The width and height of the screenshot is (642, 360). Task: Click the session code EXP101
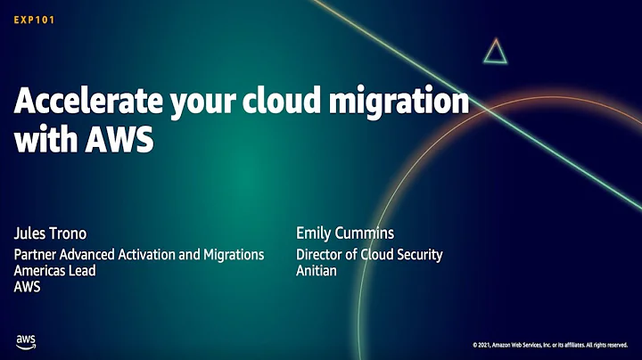coord(35,19)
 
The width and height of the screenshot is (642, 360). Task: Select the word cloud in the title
coord(292,102)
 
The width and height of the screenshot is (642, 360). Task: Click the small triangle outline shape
coord(496,52)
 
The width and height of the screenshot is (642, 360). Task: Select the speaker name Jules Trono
coord(49,234)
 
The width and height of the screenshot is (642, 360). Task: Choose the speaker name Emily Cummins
coord(345,234)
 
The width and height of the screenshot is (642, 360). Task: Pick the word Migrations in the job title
coord(230,255)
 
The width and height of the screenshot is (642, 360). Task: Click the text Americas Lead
coord(55,271)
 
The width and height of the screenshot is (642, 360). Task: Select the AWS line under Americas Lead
coord(28,287)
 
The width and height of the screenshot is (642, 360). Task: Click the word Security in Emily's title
coord(417,255)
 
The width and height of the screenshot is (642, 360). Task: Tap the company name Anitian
coord(317,271)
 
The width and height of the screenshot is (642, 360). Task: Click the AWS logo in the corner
coord(26,341)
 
